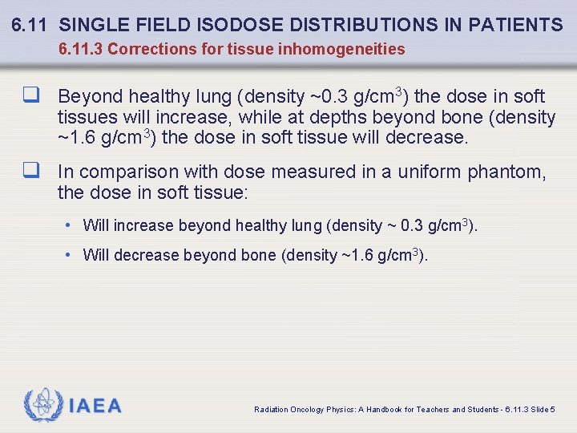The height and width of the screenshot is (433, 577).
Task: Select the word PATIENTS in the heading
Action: pos(518,26)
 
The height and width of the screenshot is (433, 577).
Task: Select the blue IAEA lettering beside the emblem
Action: pos(96,406)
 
